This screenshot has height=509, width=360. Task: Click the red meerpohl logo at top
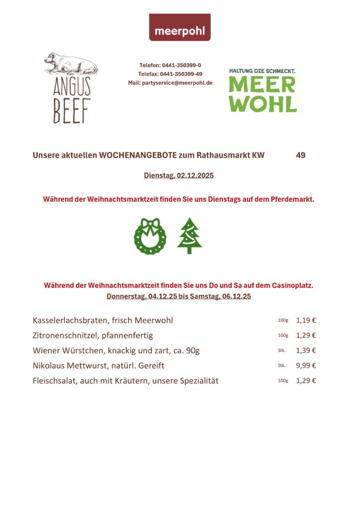pyautogui.click(x=180, y=27)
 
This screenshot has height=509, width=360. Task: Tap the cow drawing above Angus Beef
pyautogui.click(x=71, y=64)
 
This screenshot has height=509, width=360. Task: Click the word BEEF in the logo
pyautogui.click(x=72, y=110)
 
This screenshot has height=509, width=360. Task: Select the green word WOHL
pyautogui.click(x=263, y=104)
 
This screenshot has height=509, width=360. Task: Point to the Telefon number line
pyautogui.click(x=170, y=65)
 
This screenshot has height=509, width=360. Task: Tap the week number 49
pyautogui.click(x=300, y=155)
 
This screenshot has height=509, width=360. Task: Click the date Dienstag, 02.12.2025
pyautogui.click(x=179, y=175)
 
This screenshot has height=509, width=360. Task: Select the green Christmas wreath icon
pyautogui.click(x=150, y=236)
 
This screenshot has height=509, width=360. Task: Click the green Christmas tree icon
pyautogui.click(x=189, y=236)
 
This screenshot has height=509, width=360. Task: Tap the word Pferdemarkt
pyautogui.click(x=292, y=199)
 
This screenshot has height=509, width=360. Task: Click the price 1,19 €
pyautogui.click(x=306, y=320)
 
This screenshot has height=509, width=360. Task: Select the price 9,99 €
pyautogui.click(x=306, y=365)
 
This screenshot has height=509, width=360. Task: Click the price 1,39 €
pyautogui.click(x=306, y=350)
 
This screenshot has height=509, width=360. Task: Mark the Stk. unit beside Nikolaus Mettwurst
pyautogui.click(x=282, y=365)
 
